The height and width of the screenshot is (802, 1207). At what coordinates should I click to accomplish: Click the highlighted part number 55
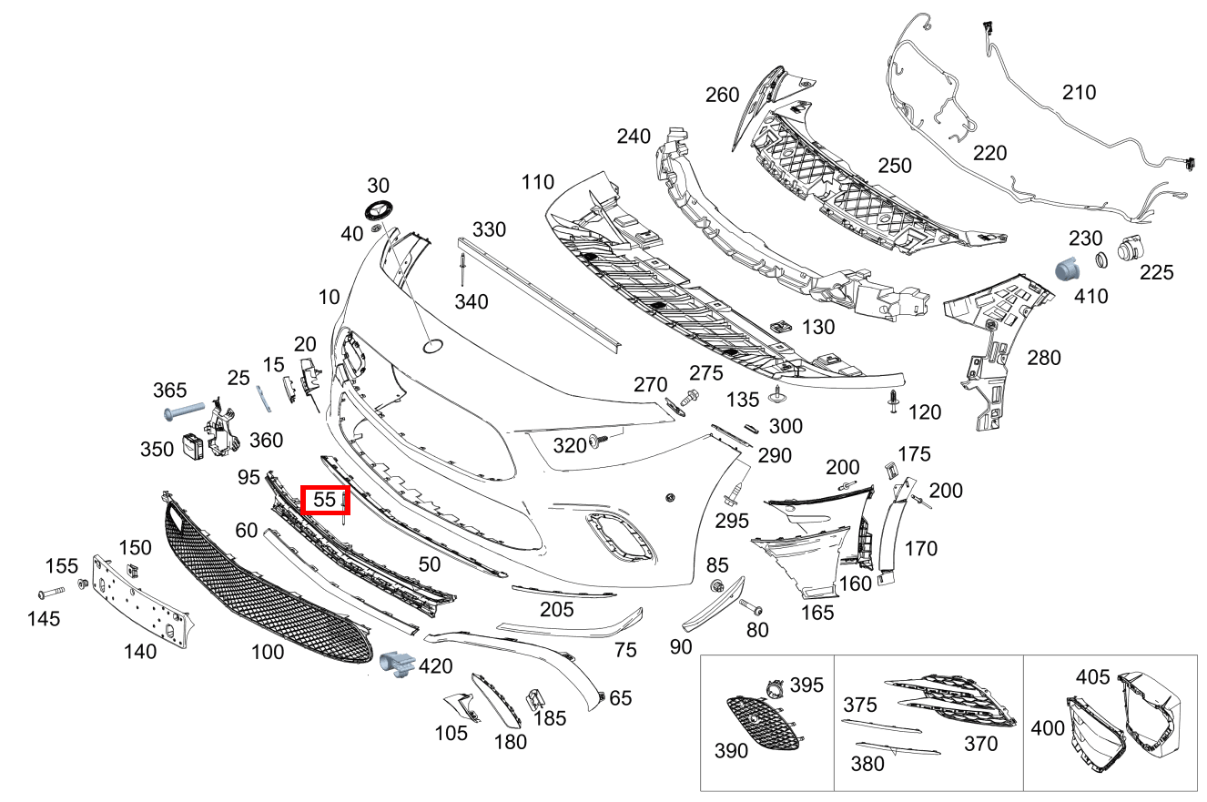325,500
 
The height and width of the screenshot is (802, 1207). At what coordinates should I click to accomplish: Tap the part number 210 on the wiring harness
1079,92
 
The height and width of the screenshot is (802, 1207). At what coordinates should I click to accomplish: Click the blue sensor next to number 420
397,665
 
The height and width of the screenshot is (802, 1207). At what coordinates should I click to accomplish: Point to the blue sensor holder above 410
1065,269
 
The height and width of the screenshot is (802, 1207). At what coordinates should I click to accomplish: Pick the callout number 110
537,182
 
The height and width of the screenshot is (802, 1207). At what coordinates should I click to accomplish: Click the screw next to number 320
599,442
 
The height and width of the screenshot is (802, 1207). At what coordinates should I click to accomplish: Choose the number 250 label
894,166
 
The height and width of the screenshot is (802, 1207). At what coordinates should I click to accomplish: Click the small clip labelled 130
779,325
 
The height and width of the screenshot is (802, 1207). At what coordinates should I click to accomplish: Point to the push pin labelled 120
894,401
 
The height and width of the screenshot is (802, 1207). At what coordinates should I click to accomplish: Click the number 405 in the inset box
1092,677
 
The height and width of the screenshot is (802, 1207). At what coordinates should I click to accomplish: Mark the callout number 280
1043,358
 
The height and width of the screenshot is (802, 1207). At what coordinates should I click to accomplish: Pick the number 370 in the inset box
980,744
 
